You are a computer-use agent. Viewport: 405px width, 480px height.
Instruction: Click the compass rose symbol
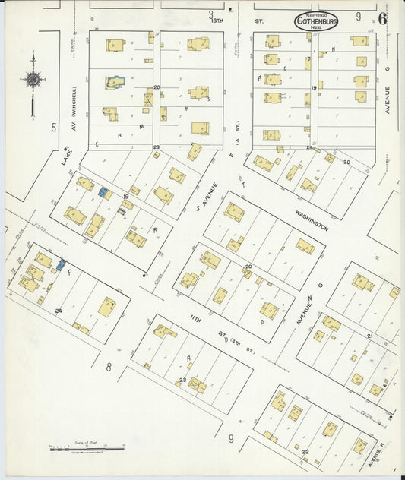pyautogui.click(x=33, y=78)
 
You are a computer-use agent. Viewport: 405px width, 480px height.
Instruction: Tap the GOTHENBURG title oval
pyautogui.click(x=316, y=21)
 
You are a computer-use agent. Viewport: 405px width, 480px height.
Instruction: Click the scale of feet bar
pyautogui.click(x=76, y=449)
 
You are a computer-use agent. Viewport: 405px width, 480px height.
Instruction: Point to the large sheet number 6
pyautogui.click(x=382, y=18)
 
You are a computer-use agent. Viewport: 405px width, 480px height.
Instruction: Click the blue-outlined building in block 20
pyautogui.click(x=115, y=81)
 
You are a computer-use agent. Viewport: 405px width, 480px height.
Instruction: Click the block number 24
pyautogui.click(x=58, y=311)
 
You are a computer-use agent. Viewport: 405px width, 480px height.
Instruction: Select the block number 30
pyautogui.click(x=346, y=162)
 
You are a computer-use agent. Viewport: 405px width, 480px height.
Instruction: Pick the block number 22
pyautogui.click(x=305, y=452)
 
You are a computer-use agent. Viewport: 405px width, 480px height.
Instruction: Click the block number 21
pyautogui.click(x=370, y=335)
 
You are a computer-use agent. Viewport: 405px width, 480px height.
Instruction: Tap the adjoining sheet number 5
pyautogui.click(x=54, y=127)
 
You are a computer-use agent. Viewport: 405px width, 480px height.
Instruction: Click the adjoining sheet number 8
pyautogui.click(x=109, y=368)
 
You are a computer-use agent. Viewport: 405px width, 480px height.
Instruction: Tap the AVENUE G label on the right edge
pyautogui.click(x=387, y=99)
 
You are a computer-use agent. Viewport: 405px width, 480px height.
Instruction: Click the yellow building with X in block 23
pyautogui.click(x=197, y=384)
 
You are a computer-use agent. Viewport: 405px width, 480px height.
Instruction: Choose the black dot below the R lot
pyautogui.click(x=144, y=276)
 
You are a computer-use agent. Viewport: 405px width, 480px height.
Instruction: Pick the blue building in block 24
pyautogui.click(x=61, y=265)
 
